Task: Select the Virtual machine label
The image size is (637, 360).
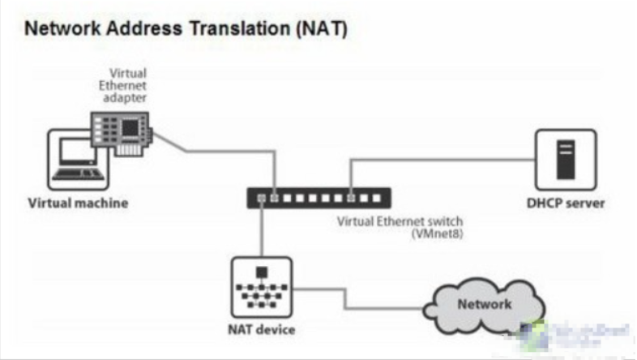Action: (79, 203)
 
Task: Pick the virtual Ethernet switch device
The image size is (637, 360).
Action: (318, 197)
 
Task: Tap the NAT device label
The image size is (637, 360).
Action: (260, 329)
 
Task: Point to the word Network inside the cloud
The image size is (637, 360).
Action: (484, 304)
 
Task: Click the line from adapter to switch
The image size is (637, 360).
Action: (219, 151)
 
